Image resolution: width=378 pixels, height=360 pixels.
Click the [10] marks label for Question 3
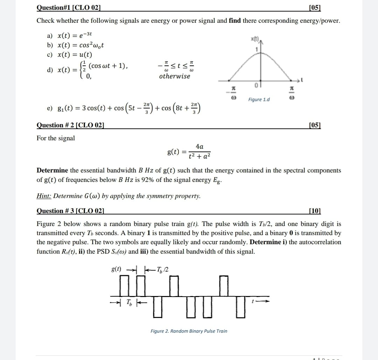click(315, 211)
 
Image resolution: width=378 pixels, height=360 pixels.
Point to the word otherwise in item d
click(175, 76)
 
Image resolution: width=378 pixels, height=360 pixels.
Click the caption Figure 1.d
click(259, 100)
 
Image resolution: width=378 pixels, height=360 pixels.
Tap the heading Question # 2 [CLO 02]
click(70, 125)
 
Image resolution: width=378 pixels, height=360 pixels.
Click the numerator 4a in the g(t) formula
click(199, 147)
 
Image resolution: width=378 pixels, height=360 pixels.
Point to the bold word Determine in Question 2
click(52, 170)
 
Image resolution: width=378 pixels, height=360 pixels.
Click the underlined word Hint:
click(44, 196)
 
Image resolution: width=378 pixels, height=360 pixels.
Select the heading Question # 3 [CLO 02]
click(70, 211)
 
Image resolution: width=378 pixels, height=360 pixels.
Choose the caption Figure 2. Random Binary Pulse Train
click(189, 331)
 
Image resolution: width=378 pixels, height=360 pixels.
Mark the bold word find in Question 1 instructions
click(234, 21)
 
